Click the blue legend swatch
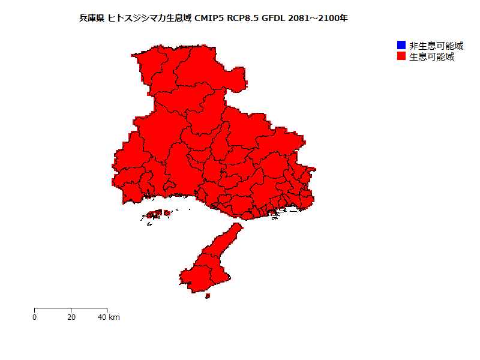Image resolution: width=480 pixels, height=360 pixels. (x=401, y=46)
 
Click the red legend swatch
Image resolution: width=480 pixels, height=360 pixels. (x=401, y=56)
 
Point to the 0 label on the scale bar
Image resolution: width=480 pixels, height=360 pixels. (x=35, y=317)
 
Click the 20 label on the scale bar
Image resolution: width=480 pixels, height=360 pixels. (x=71, y=317)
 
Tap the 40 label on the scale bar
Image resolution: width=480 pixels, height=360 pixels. (x=103, y=317)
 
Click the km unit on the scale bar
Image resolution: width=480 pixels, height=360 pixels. (x=115, y=317)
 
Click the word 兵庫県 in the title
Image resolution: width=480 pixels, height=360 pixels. (x=92, y=18)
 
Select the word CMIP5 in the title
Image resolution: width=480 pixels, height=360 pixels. (x=210, y=18)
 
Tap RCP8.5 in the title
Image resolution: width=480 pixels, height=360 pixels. (x=245, y=18)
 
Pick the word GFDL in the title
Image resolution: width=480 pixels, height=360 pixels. (x=274, y=18)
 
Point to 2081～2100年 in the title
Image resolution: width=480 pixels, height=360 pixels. (x=318, y=18)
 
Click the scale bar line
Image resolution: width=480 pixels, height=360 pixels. (x=71, y=308)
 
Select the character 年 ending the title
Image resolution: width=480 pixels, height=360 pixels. (x=343, y=18)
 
